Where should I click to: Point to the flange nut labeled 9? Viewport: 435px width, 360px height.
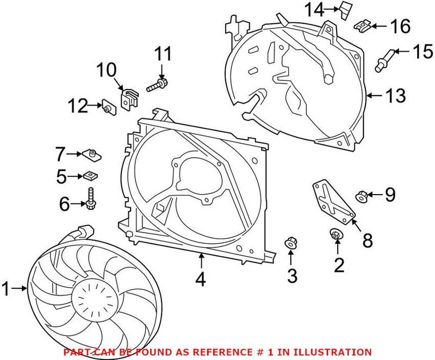[362, 194]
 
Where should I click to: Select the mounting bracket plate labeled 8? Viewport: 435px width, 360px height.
[332, 202]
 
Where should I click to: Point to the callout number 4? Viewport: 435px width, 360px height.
[200, 280]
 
